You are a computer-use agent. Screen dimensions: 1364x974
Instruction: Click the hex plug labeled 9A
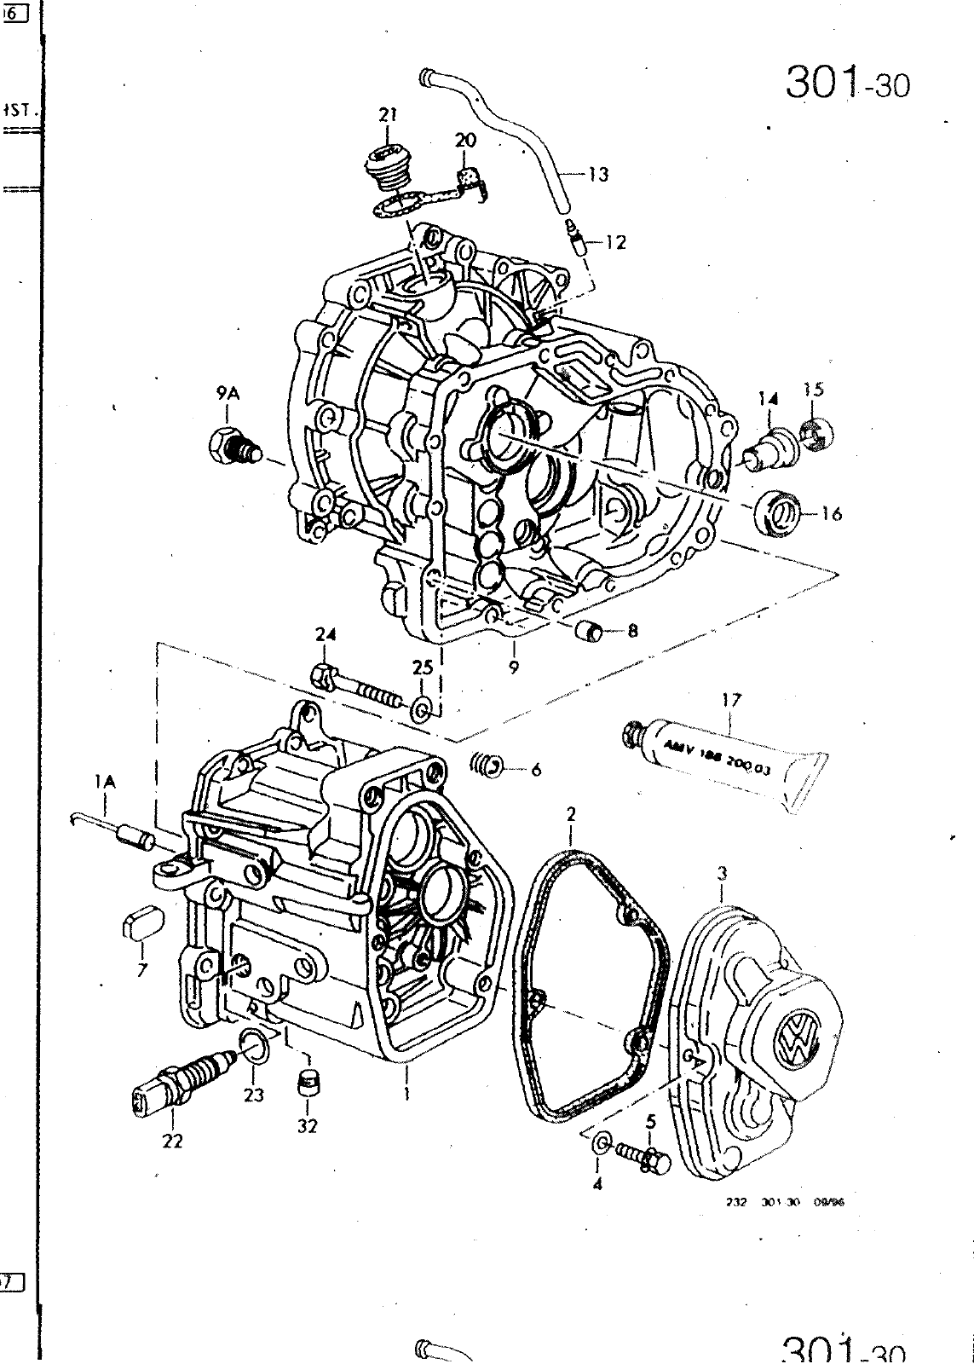click(x=233, y=446)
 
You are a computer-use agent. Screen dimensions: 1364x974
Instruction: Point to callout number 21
click(x=389, y=113)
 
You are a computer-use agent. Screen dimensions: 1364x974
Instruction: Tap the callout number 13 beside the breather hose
click(x=598, y=175)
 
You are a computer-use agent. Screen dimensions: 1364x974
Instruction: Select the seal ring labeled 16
click(x=777, y=512)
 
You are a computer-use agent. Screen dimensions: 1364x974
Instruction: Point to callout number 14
click(x=769, y=396)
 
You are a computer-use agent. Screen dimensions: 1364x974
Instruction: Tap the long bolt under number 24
click(x=358, y=688)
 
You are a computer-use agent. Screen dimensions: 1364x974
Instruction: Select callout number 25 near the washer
click(x=423, y=668)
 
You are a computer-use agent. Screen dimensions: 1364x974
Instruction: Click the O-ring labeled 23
click(x=255, y=1046)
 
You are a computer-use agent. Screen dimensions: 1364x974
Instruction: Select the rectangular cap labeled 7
click(x=140, y=924)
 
